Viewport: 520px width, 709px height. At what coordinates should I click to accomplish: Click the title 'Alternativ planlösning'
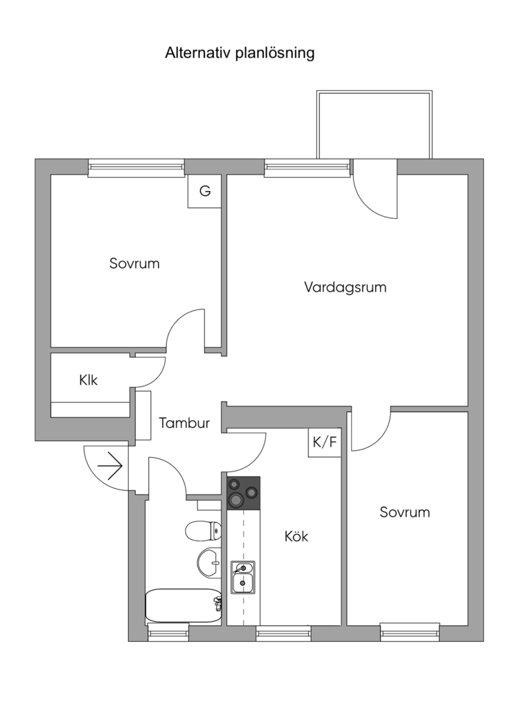240,53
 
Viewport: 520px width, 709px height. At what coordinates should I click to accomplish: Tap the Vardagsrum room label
345,287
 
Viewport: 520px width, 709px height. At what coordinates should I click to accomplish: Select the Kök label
296,537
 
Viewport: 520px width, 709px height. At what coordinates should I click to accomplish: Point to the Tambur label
184,423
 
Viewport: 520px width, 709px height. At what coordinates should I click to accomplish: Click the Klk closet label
89,380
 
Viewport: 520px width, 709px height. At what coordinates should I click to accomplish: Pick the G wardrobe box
205,191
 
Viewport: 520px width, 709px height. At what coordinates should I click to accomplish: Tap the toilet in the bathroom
203,531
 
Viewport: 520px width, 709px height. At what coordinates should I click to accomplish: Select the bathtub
183,605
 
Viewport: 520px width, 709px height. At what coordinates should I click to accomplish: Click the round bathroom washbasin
208,562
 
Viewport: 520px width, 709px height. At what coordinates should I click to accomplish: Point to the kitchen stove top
243,492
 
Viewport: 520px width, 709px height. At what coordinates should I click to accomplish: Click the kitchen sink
242,577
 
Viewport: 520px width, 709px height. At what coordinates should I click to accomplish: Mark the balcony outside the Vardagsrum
374,125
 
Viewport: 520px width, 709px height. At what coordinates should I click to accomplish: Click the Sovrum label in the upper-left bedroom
134,264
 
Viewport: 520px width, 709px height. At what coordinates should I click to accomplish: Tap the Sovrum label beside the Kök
404,512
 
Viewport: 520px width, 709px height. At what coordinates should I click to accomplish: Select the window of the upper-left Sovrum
136,167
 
